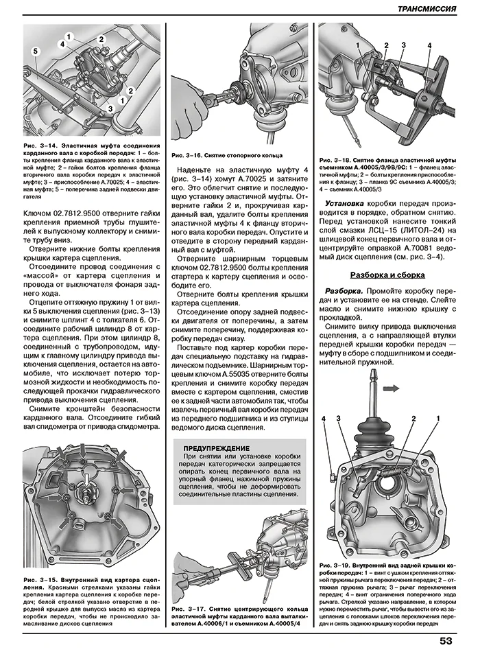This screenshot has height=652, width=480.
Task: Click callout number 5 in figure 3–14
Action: coord(32,51)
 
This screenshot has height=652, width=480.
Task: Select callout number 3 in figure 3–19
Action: coord(338,418)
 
